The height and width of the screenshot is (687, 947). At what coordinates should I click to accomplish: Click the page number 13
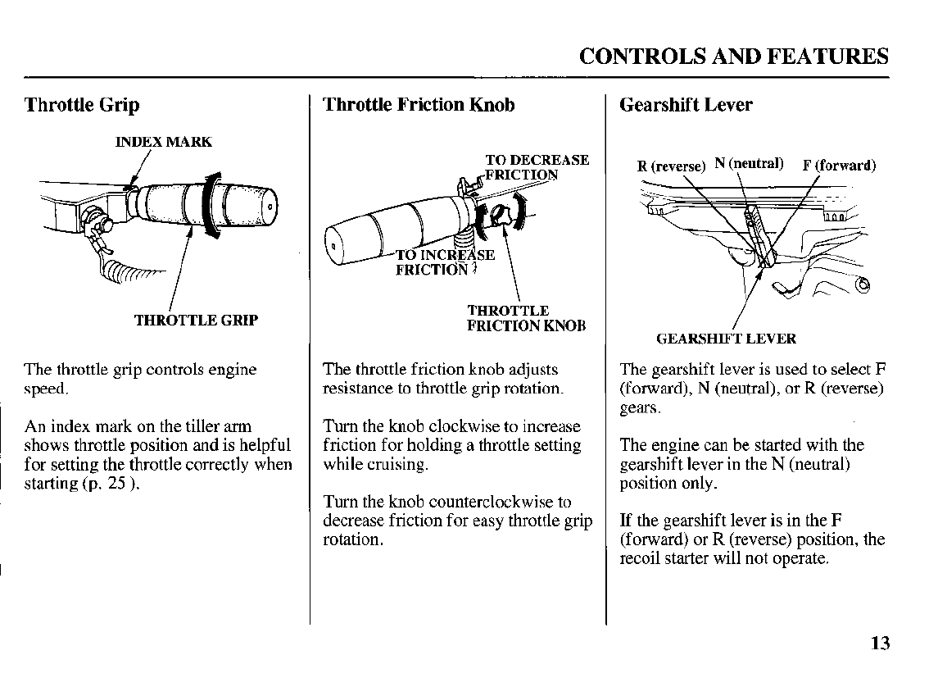[x=880, y=643]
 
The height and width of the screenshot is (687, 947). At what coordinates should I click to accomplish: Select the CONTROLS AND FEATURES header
[x=733, y=56]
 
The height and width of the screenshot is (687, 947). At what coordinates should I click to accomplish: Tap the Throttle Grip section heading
[x=82, y=105]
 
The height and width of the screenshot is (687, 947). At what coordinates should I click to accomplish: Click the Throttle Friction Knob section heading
[x=419, y=105]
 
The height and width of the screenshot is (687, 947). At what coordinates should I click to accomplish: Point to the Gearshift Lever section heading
[x=686, y=105]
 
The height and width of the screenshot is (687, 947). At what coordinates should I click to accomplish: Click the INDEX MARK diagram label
[x=164, y=142]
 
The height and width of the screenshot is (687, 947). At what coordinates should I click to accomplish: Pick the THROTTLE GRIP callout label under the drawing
[x=196, y=320]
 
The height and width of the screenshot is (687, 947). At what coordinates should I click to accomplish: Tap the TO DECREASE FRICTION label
[x=537, y=166]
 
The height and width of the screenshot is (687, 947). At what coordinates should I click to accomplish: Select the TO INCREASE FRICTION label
[x=444, y=262]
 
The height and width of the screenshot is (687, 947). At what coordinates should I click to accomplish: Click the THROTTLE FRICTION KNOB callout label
[x=526, y=318]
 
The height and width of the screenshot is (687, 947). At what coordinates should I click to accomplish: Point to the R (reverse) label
[x=671, y=166]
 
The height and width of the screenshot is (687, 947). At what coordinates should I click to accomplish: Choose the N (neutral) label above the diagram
[x=749, y=163]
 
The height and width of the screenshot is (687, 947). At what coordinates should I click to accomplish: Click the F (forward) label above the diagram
[x=839, y=165]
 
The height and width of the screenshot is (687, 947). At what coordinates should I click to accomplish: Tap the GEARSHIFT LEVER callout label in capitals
[x=726, y=339]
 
